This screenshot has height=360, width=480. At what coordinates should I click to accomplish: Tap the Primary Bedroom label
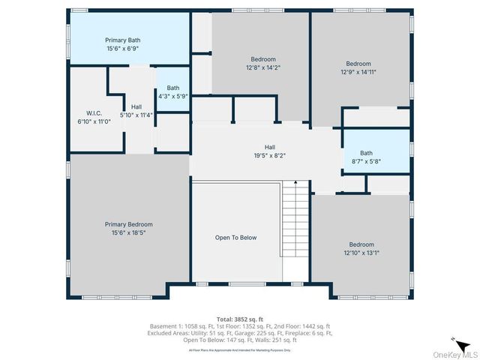tap(128, 224)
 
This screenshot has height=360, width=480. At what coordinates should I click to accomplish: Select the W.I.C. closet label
tap(83, 113)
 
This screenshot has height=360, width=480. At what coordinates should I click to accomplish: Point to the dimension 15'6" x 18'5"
tap(128, 232)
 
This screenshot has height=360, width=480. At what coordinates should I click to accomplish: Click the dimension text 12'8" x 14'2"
tap(262, 67)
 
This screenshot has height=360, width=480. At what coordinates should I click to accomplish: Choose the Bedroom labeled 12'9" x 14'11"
tap(358, 64)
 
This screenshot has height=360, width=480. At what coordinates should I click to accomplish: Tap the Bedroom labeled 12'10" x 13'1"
tap(361, 244)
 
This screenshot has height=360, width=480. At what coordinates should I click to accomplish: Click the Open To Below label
tap(235, 238)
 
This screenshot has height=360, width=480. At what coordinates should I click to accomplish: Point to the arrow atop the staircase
tap(295, 183)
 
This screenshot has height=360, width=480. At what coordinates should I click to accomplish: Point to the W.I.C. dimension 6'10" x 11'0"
tap(83, 121)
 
